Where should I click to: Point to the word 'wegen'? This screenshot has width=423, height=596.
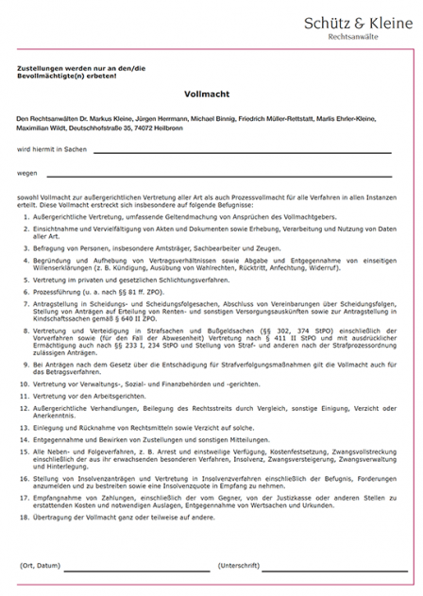[27, 174]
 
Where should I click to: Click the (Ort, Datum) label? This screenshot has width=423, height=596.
[39, 565]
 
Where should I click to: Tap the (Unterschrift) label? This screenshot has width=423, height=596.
[238, 565]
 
